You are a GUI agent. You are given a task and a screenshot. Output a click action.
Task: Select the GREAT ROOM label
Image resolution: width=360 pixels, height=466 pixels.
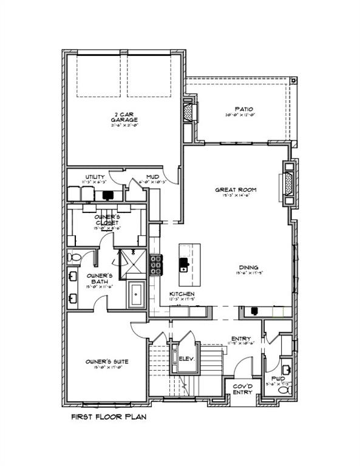(236, 190)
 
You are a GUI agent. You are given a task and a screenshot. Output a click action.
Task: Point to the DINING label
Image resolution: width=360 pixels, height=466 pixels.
(249, 267)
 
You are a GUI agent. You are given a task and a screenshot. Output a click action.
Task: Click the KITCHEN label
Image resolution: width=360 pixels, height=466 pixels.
(181, 294)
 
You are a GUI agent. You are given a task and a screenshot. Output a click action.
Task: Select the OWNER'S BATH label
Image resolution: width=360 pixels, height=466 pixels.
(97, 278)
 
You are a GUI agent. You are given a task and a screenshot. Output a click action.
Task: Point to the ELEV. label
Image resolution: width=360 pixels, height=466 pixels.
(186, 359)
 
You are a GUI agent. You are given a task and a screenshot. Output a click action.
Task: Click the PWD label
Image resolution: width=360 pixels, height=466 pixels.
(278, 378)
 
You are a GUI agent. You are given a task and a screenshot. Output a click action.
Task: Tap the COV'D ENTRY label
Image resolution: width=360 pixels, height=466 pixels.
(243, 388)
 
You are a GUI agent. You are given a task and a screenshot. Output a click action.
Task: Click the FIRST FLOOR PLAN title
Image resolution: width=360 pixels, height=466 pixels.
(108, 417)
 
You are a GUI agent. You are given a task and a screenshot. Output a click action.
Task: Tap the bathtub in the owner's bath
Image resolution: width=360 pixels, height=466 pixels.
(137, 297)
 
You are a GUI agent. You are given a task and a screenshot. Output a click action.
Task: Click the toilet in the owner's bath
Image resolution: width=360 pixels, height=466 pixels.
(75, 257)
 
